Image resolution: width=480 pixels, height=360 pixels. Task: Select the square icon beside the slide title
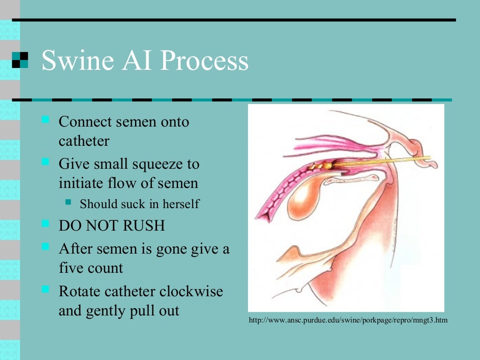tap(20, 60)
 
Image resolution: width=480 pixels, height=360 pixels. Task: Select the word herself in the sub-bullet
tap(181, 204)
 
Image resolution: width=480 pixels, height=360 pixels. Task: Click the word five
tap(71, 268)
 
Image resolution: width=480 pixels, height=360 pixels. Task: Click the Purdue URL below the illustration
tap(348, 321)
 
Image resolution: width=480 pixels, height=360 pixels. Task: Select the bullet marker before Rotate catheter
tap(45, 288)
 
